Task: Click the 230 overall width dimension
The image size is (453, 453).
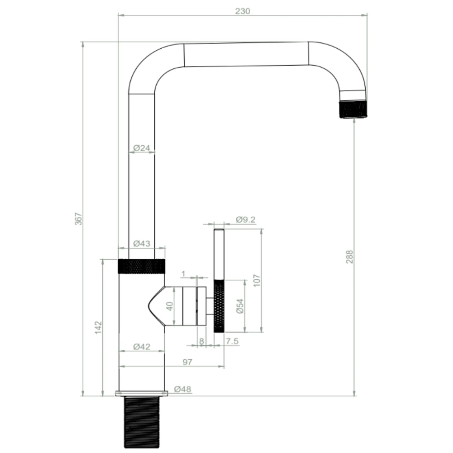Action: pyautogui.click(x=242, y=11)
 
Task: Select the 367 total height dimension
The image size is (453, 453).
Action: pyautogui.click(x=78, y=219)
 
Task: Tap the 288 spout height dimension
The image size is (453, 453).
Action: pyautogui.click(x=350, y=257)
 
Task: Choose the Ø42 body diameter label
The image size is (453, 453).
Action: pyautogui.click(x=142, y=347)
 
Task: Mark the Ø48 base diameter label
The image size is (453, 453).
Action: pyautogui.click(x=183, y=389)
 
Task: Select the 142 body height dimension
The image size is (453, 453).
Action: pyautogui.click(x=98, y=327)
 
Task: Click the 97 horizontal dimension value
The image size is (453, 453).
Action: pyautogui.click(x=187, y=362)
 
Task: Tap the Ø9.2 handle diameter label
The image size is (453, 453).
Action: pyautogui.click(x=246, y=219)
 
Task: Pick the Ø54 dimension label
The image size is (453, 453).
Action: pyautogui.click(x=240, y=306)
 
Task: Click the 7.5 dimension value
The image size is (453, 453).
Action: pyautogui.click(x=232, y=341)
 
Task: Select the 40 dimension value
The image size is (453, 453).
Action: pyautogui.click(x=170, y=306)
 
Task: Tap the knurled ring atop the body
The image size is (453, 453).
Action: pyautogui.click(x=142, y=266)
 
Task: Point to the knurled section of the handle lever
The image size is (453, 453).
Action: pyautogui.click(x=219, y=306)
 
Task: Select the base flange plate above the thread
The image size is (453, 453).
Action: pyautogui.click(x=142, y=393)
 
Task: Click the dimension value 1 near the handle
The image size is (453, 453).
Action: pyautogui.click(x=183, y=273)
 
